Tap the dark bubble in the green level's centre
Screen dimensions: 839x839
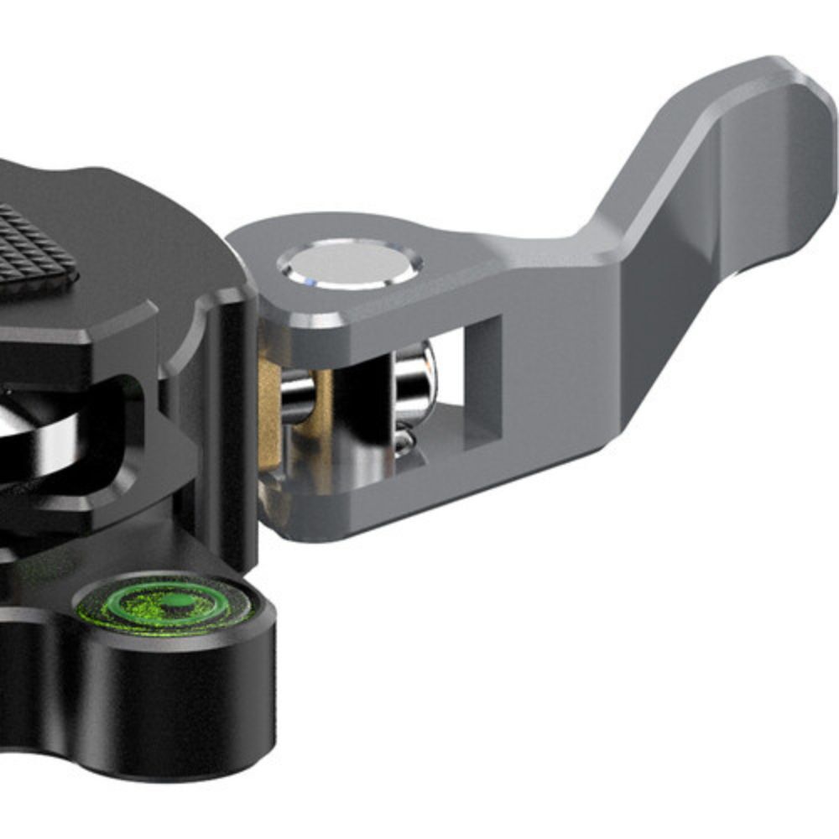tap(172, 602)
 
